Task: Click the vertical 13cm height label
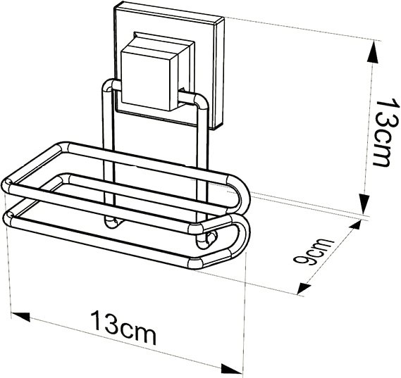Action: [x=387, y=133]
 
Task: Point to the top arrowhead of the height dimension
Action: [x=373, y=51]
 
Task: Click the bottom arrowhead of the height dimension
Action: [x=364, y=203]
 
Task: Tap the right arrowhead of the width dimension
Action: [x=231, y=370]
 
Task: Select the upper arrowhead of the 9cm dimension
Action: [x=354, y=227]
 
